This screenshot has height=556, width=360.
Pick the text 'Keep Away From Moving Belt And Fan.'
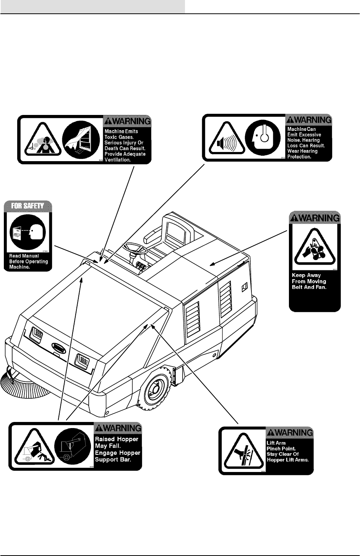[x=309, y=281]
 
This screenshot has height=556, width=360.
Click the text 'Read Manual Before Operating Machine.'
[x=28, y=261]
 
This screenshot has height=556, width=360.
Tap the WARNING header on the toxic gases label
[x=127, y=121]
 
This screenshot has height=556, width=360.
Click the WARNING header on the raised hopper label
[x=118, y=428]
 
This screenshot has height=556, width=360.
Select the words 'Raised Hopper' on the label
[x=117, y=439]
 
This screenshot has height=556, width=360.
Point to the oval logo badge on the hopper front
[x=60, y=348]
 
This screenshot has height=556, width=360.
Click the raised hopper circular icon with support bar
[x=71, y=446]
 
